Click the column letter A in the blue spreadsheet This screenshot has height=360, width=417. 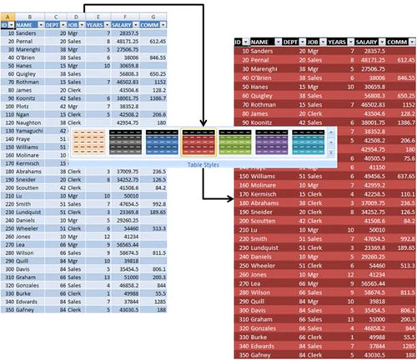8,15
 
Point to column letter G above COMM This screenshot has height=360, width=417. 152,15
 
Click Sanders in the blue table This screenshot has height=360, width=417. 31,35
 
